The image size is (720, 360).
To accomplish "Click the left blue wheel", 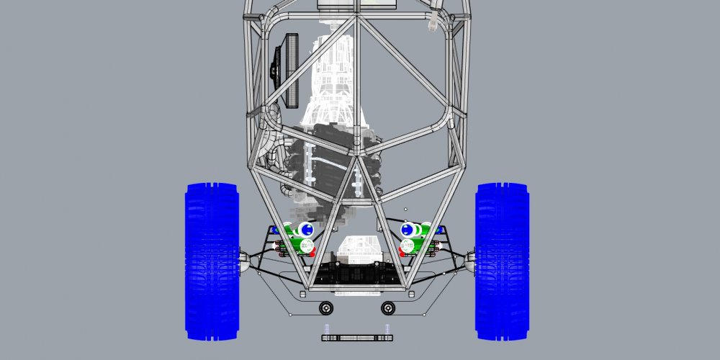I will [x=212, y=261].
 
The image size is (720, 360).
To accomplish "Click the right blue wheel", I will [x=502, y=261].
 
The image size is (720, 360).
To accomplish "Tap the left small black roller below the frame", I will [x=326, y=308].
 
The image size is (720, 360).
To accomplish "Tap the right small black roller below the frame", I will [x=388, y=308].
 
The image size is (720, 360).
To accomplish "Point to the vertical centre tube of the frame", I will [x=357, y=86].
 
